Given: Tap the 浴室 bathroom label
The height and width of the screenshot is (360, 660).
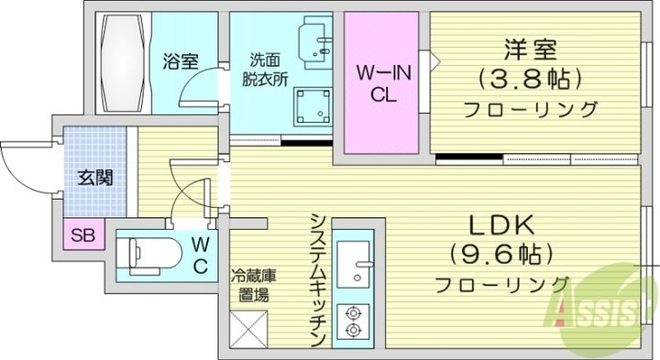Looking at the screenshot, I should [x=180, y=62].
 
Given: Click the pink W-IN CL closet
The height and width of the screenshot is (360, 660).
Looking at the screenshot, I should [x=383, y=84].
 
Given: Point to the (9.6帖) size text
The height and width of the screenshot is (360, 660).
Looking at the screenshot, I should [x=501, y=254].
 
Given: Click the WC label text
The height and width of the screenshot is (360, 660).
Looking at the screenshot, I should [x=201, y=256].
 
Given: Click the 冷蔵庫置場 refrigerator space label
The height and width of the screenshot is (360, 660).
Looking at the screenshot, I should [x=248, y=283].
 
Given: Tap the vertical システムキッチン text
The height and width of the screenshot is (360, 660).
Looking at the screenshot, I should [x=317, y=280].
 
